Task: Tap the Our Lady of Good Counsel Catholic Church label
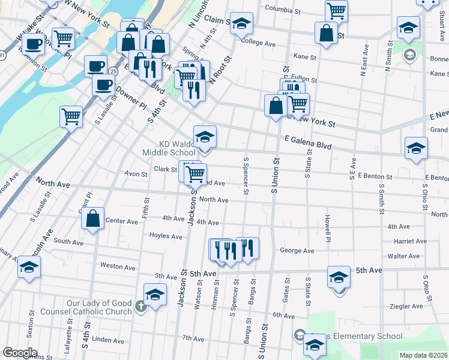tap(86, 307)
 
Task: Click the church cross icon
tap(140, 307)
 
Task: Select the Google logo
tap(19, 353)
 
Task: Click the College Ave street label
tap(258, 43)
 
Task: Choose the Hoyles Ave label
tap(166, 236)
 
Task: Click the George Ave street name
tap(297, 250)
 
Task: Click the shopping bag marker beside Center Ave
tap(93, 220)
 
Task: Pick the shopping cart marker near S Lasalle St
tap(71, 116)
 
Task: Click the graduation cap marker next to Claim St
tap(242, 24)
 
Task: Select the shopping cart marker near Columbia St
tap(337, 10)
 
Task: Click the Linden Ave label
tap(108, 340)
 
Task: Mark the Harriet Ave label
tap(409, 241)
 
